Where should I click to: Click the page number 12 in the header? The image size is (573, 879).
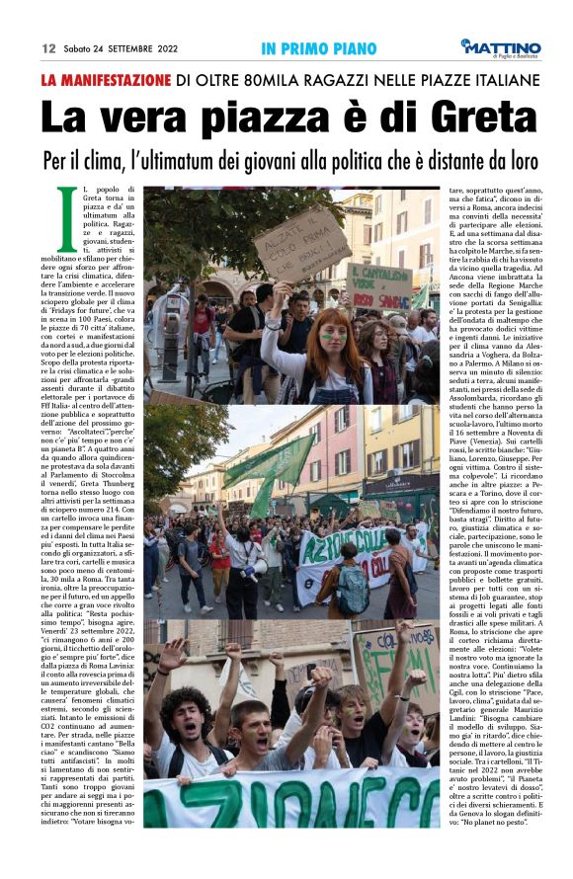[x=47, y=48]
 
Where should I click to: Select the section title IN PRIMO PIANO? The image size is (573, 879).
[x=319, y=48]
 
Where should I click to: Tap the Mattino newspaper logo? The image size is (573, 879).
[x=499, y=46]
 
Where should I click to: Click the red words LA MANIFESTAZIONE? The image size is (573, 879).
[x=106, y=80]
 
